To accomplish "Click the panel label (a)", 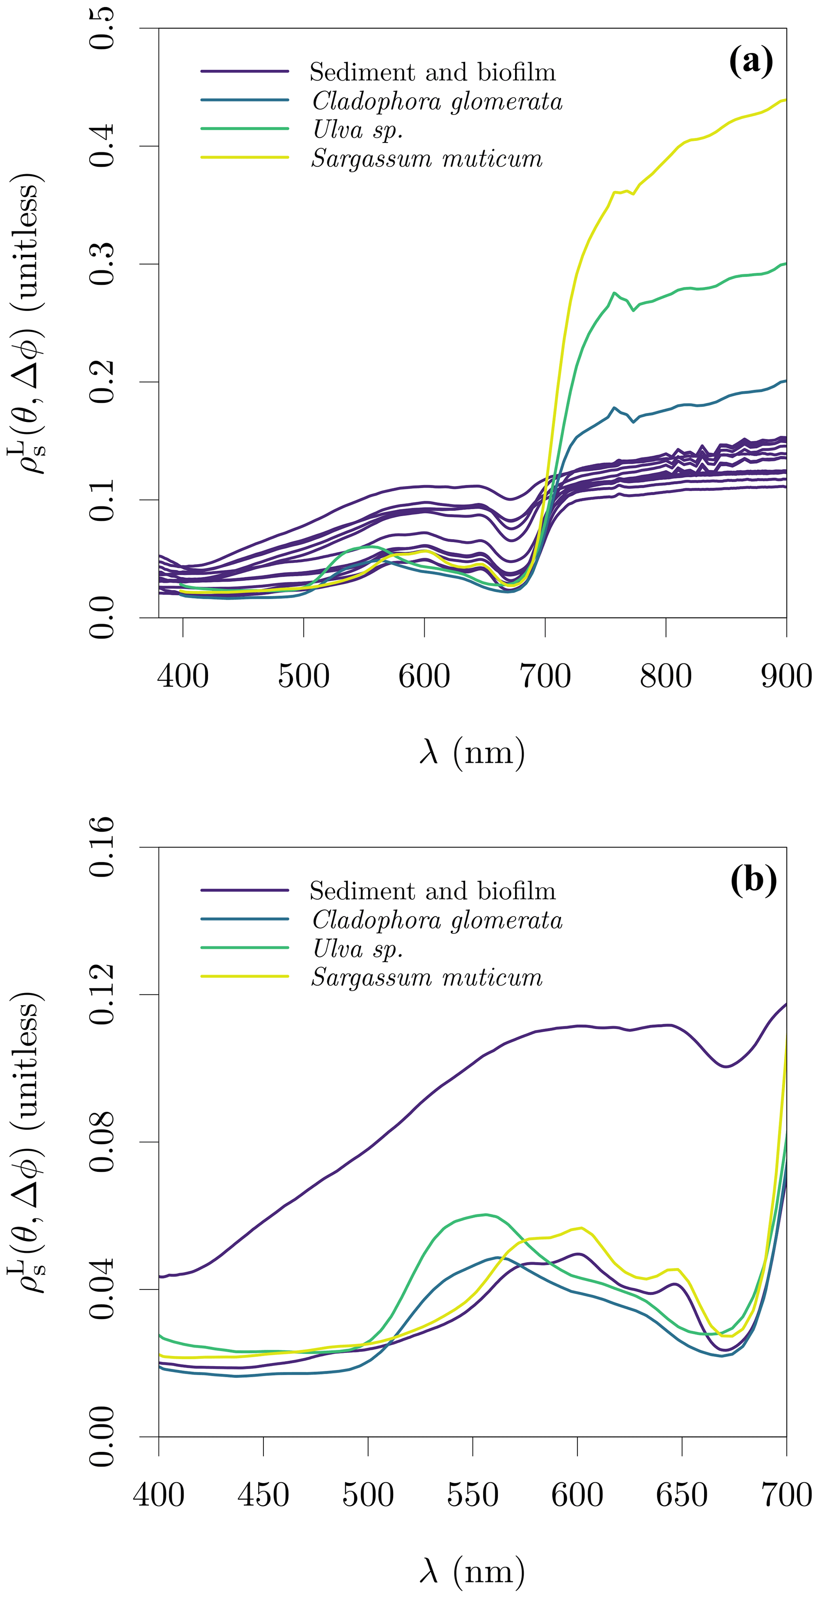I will [x=751, y=61].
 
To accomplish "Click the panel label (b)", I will [x=753, y=880].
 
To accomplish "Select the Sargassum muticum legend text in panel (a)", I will [x=427, y=159].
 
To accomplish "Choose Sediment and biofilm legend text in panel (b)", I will [x=432, y=891].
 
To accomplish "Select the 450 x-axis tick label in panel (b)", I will [x=263, y=1495].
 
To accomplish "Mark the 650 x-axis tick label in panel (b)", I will [x=682, y=1495].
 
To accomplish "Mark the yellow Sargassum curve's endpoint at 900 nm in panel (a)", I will [x=785, y=100].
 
